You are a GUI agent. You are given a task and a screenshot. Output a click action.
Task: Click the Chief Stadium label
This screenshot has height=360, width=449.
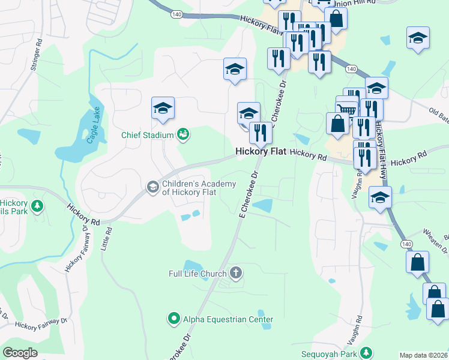coord(147,135)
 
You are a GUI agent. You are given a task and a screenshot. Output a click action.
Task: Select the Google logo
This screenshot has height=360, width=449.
coord(20,353)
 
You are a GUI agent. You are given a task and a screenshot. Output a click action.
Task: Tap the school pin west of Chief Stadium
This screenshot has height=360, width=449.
coord(162,108)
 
